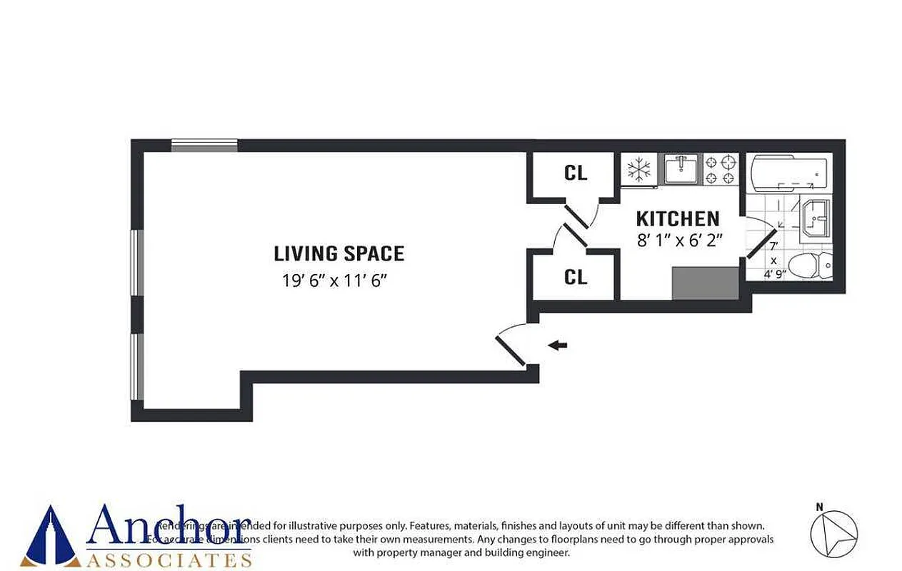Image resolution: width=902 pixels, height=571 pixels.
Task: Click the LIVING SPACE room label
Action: pos(339,253)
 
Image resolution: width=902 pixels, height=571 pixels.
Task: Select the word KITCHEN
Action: pos(677,218)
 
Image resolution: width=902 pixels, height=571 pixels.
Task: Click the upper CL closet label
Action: pos(576,173)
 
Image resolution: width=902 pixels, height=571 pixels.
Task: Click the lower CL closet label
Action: pos(576,277)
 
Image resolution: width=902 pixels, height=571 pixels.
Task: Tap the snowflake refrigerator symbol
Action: pos(638,170)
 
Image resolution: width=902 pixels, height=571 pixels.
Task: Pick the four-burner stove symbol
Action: pos(721,170)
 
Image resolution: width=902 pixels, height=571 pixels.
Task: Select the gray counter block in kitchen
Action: pos(705,284)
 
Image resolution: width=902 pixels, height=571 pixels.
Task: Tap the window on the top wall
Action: pos(204,146)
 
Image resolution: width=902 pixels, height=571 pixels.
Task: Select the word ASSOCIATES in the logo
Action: pos(169,559)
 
